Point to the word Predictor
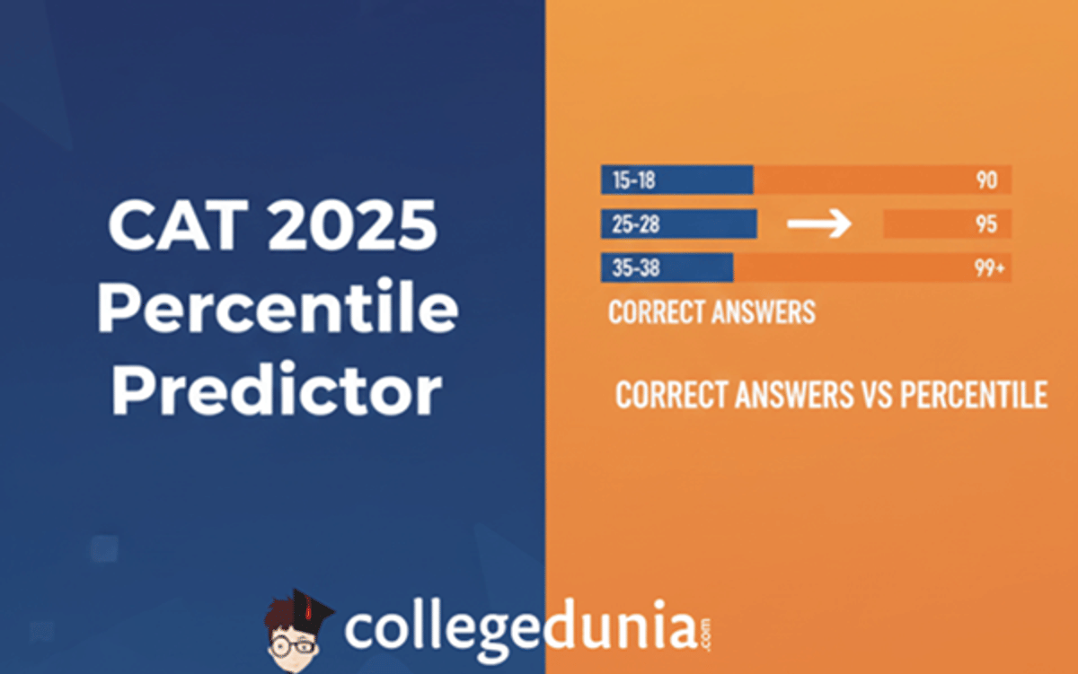[x=277, y=392]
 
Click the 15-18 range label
[x=633, y=180]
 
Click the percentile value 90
[x=986, y=180]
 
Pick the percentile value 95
[x=986, y=224]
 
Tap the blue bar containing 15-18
[x=710, y=180]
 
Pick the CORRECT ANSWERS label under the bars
[x=711, y=312]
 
